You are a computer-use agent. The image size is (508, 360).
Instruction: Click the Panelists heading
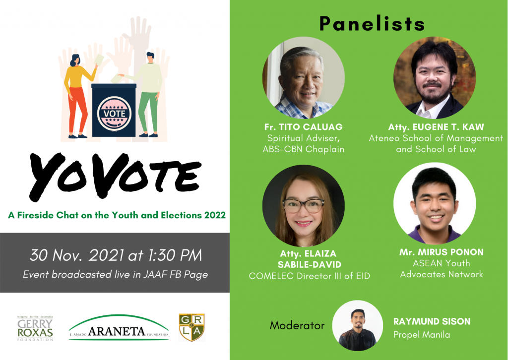(372, 24)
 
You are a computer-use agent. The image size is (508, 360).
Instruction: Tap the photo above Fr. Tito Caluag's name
(303, 78)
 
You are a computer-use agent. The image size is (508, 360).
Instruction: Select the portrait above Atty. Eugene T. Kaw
(435, 78)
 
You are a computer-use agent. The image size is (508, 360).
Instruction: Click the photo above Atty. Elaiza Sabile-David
(303, 206)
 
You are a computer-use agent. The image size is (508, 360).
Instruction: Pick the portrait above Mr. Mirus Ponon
(435, 203)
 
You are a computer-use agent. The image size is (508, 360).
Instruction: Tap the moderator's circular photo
(357, 325)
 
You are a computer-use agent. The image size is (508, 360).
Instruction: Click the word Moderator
(297, 325)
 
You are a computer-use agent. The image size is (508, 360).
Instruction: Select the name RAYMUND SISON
(432, 321)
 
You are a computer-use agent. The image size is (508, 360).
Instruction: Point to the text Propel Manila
(422, 335)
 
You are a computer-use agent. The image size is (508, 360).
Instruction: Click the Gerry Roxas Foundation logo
(35, 328)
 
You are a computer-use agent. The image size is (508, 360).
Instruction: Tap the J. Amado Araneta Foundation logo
(119, 327)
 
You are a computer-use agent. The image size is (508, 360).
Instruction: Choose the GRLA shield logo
(192, 327)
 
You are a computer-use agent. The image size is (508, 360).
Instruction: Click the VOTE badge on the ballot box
(114, 114)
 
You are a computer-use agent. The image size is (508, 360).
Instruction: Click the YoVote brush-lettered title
(115, 176)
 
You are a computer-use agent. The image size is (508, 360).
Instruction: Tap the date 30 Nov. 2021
(76, 255)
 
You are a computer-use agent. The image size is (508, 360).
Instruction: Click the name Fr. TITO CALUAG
(303, 127)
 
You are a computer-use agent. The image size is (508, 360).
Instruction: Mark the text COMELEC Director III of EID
(310, 276)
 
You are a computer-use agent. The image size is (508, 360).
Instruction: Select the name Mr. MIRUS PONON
(441, 252)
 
